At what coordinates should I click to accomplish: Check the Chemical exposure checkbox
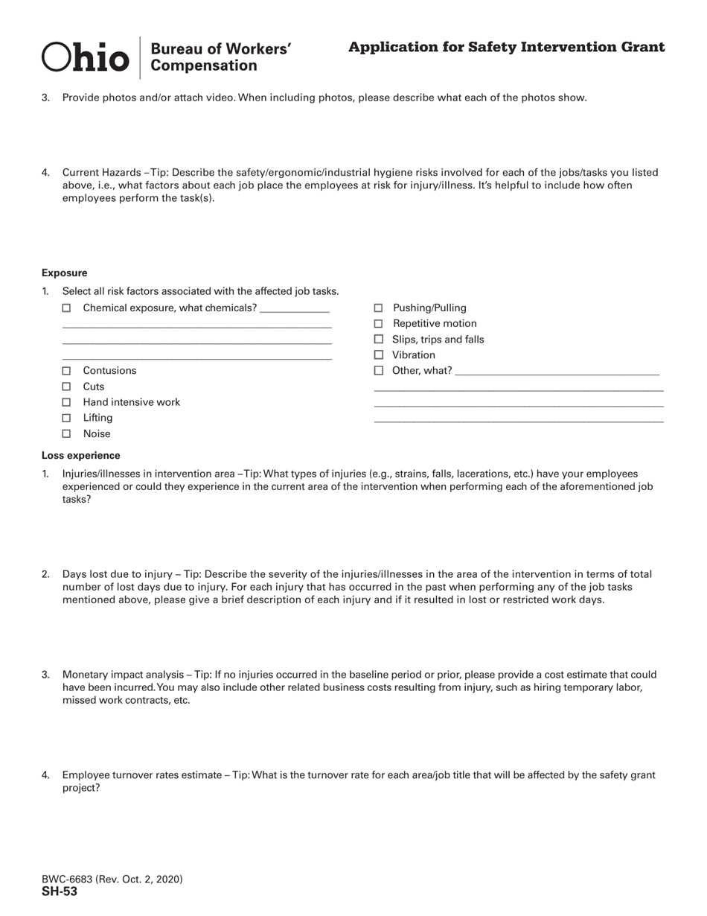[x=66, y=308]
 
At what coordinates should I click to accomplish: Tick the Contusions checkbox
[x=66, y=371]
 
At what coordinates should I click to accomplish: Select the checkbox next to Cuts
[x=66, y=387]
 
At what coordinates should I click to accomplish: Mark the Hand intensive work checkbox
[x=66, y=402]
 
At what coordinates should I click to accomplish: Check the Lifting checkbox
[x=66, y=418]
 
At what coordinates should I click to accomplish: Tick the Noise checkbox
[x=66, y=433]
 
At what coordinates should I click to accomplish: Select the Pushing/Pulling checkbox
[x=378, y=308]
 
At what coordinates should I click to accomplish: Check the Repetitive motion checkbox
[x=378, y=323]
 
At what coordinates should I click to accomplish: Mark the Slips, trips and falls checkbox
[x=378, y=340]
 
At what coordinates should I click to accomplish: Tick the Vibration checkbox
[x=378, y=355]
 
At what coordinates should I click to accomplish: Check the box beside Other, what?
[x=378, y=371]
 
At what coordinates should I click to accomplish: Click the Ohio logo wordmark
[x=86, y=57]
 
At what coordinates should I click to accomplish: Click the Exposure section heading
[x=64, y=273]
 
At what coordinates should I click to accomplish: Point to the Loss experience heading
[x=80, y=455]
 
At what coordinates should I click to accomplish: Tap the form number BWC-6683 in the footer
[x=67, y=880]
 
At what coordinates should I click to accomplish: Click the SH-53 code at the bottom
[x=60, y=891]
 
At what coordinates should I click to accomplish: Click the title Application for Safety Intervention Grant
[x=506, y=48]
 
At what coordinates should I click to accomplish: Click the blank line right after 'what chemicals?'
[x=295, y=310]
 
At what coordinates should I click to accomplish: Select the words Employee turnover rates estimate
[x=141, y=775]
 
